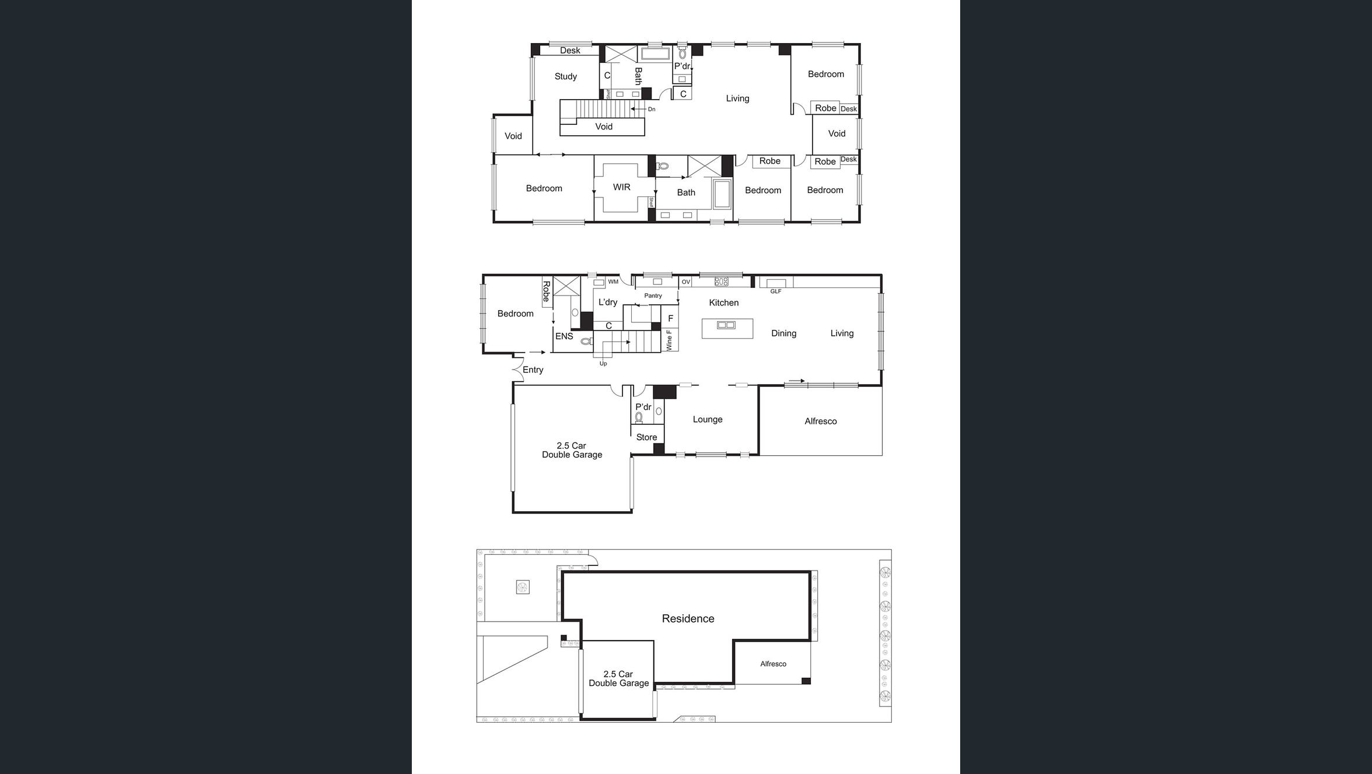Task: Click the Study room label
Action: pos(565,76)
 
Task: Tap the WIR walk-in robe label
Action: pos(621,187)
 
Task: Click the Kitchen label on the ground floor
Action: pos(723,302)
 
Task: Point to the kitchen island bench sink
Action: pos(726,325)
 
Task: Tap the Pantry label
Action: pos(653,295)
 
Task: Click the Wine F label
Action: pos(669,340)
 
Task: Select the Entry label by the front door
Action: pos(533,370)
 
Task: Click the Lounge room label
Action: pos(707,419)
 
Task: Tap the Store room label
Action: pos(646,437)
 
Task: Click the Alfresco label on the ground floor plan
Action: pos(820,421)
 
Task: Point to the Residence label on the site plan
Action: pos(688,618)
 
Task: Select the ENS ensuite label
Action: pos(563,336)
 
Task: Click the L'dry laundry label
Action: pos(607,302)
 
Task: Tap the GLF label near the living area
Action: pos(775,291)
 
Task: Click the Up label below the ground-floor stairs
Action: pos(603,364)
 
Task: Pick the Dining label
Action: pos(783,333)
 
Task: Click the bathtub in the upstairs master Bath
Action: pos(722,194)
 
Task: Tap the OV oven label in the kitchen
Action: pos(686,282)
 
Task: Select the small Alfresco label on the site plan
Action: pos(773,664)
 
